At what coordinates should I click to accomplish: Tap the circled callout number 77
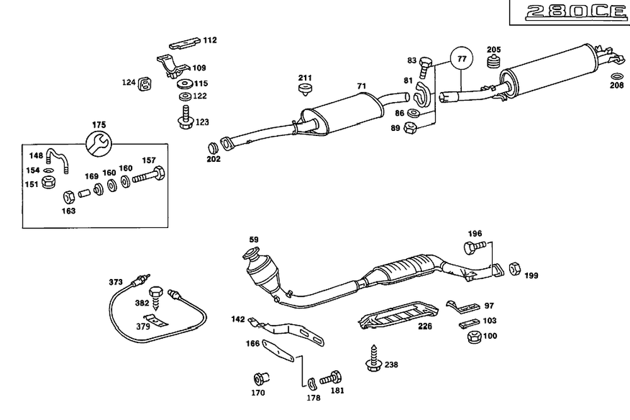(462, 59)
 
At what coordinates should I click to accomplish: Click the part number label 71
(362, 86)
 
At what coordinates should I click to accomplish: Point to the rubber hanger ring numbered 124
(144, 84)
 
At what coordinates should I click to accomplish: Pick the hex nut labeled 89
(409, 128)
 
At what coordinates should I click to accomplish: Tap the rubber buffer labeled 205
(494, 62)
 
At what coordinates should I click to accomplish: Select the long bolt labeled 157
(148, 174)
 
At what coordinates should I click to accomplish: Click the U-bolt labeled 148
(57, 161)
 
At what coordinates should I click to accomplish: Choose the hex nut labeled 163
(69, 197)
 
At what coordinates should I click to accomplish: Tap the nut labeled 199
(515, 269)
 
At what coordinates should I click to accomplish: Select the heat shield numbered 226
(398, 315)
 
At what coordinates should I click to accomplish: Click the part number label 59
(254, 240)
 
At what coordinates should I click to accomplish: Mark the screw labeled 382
(156, 298)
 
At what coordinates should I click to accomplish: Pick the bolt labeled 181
(331, 378)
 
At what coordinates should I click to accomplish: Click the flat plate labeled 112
(185, 43)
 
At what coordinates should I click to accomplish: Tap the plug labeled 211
(306, 90)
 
